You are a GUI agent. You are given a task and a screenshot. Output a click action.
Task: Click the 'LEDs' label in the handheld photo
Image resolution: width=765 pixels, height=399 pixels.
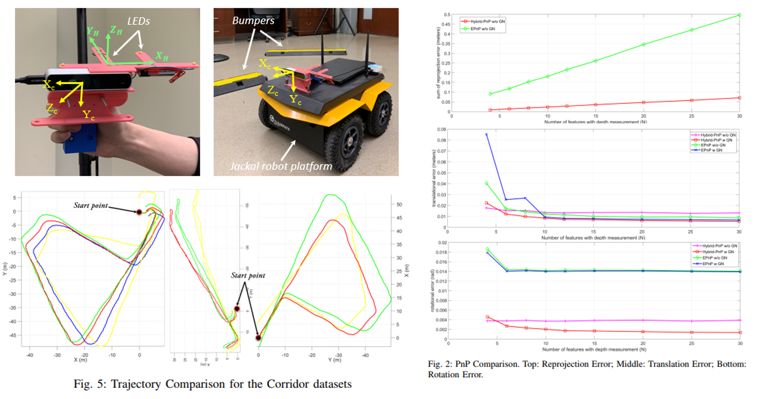pyautogui.click(x=138, y=21)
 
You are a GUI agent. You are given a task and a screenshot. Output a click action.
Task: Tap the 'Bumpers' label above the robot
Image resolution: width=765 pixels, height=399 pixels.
pyautogui.click(x=253, y=20)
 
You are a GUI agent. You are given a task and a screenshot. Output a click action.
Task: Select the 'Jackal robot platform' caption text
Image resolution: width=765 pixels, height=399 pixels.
pyautogui.click(x=281, y=166)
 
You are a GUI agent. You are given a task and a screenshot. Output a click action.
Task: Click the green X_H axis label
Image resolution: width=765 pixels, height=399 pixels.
pyautogui.click(x=162, y=56)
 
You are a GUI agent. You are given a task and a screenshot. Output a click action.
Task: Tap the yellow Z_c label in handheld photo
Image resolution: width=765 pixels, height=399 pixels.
pyautogui.click(x=52, y=109)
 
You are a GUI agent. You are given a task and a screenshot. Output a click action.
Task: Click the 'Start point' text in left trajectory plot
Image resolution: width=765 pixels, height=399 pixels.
pyautogui.click(x=91, y=205)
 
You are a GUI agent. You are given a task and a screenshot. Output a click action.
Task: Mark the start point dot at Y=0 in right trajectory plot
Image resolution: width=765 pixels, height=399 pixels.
pyautogui.click(x=259, y=338)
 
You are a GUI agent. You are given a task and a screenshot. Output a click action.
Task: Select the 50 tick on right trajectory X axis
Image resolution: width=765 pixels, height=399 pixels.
pyautogui.click(x=399, y=204)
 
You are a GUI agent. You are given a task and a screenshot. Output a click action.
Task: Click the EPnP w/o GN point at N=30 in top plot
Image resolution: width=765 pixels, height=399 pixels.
pyautogui.click(x=739, y=15)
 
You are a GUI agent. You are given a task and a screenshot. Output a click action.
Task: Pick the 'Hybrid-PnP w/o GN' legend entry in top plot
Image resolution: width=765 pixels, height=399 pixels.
pyautogui.click(x=487, y=22)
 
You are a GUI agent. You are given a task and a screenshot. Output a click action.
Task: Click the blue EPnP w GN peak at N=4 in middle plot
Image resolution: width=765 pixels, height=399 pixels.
pyautogui.click(x=486, y=134)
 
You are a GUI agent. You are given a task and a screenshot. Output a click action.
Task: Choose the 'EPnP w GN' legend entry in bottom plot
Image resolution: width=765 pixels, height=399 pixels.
pyautogui.click(x=713, y=264)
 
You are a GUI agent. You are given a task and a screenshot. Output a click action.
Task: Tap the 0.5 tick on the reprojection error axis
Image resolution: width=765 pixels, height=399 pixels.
pyautogui.click(x=447, y=15)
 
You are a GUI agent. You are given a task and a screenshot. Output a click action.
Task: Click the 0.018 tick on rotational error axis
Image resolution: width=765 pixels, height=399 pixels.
pyautogui.click(x=442, y=252)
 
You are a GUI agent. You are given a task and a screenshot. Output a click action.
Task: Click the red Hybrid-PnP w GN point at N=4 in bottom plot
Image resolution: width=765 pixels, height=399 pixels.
pyautogui.click(x=488, y=317)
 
